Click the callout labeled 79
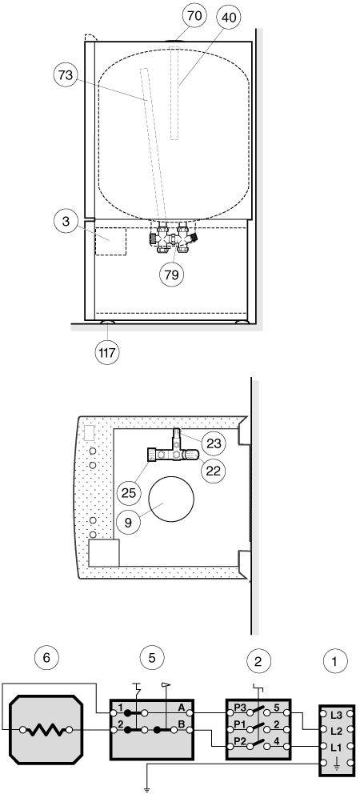pyautogui.click(x=172, y=275)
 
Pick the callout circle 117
pyautogui.click(x=108, y=352)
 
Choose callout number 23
pyautogui.click(x=214, y=443)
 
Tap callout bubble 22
pyautogui.click(x=214, y=471)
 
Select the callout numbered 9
pyautogui.click(x=129, y=523)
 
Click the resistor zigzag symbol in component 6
pyautogui.click(x=46, y=730)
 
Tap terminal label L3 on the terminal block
pyautogui.click(x=336, y=715)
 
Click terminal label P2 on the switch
pyautogui.click(x=239, y=744)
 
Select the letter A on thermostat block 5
pyautogui.click(x=181, y=708)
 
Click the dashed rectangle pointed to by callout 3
pyautogui.click(x=111, y=241)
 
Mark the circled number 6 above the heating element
pyautogui.click(x=46, y=658)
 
